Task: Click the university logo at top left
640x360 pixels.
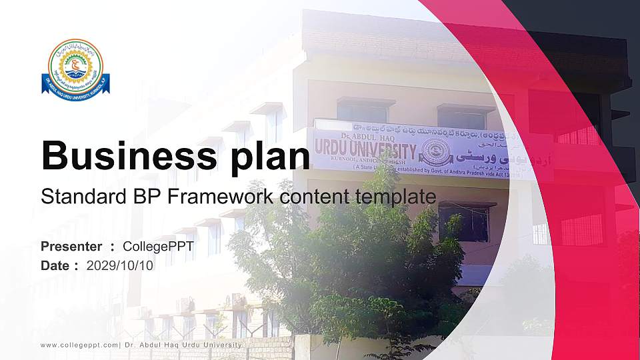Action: [75, 67]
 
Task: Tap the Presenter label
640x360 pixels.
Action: [71, 247]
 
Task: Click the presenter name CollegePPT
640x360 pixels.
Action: [159, 247]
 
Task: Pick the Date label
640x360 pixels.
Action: [55, 265]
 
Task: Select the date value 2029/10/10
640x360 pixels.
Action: [120, 265]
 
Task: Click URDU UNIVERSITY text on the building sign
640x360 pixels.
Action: [366, 149]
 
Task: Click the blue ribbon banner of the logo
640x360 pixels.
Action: [75, 85]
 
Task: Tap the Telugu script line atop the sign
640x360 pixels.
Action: [427, 129]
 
